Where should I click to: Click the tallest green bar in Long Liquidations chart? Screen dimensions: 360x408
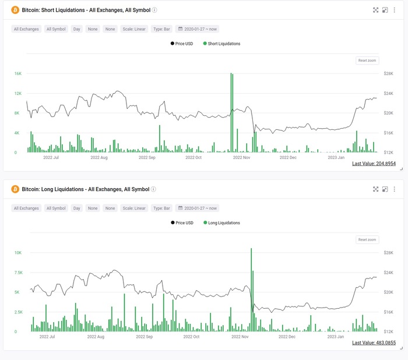pyautogui.click(x=251, y=291)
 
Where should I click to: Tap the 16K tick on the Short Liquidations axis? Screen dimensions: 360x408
pyautogui.click(x=18, y=74)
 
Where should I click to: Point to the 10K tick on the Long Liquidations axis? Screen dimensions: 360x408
pyautogui.click(x=18, y=253)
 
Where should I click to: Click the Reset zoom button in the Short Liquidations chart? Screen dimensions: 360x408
pyautogui.click(x=367, y=61)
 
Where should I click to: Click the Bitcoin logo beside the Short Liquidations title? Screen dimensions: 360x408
pyautogui.click(x=15, y=10)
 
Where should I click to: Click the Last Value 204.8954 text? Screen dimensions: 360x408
pyautogui.click(x=374, y=164)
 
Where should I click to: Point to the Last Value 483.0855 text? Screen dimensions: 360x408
pyautogui.click(x=374, y=343)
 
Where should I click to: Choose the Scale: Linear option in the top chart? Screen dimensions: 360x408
pyautogui.click(x=133, y=29)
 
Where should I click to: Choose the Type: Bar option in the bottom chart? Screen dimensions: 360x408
pyautogui.click(x=161, y=208)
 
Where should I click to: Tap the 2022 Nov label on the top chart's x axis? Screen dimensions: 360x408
pyautogui.click(x=241, y=157)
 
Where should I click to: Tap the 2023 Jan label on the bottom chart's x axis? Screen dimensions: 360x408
pyautogui.click(x=336, y=337)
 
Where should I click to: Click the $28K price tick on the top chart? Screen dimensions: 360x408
pyautogui.click(x=389, y=74)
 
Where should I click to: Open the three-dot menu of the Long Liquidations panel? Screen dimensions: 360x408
pyautogui.click(x=395, y=189)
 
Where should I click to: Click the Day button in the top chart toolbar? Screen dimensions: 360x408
pyautogui.click(x=76, y=29)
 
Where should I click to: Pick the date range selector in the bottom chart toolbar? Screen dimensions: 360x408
pyautogui.click(x=198, y=208)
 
